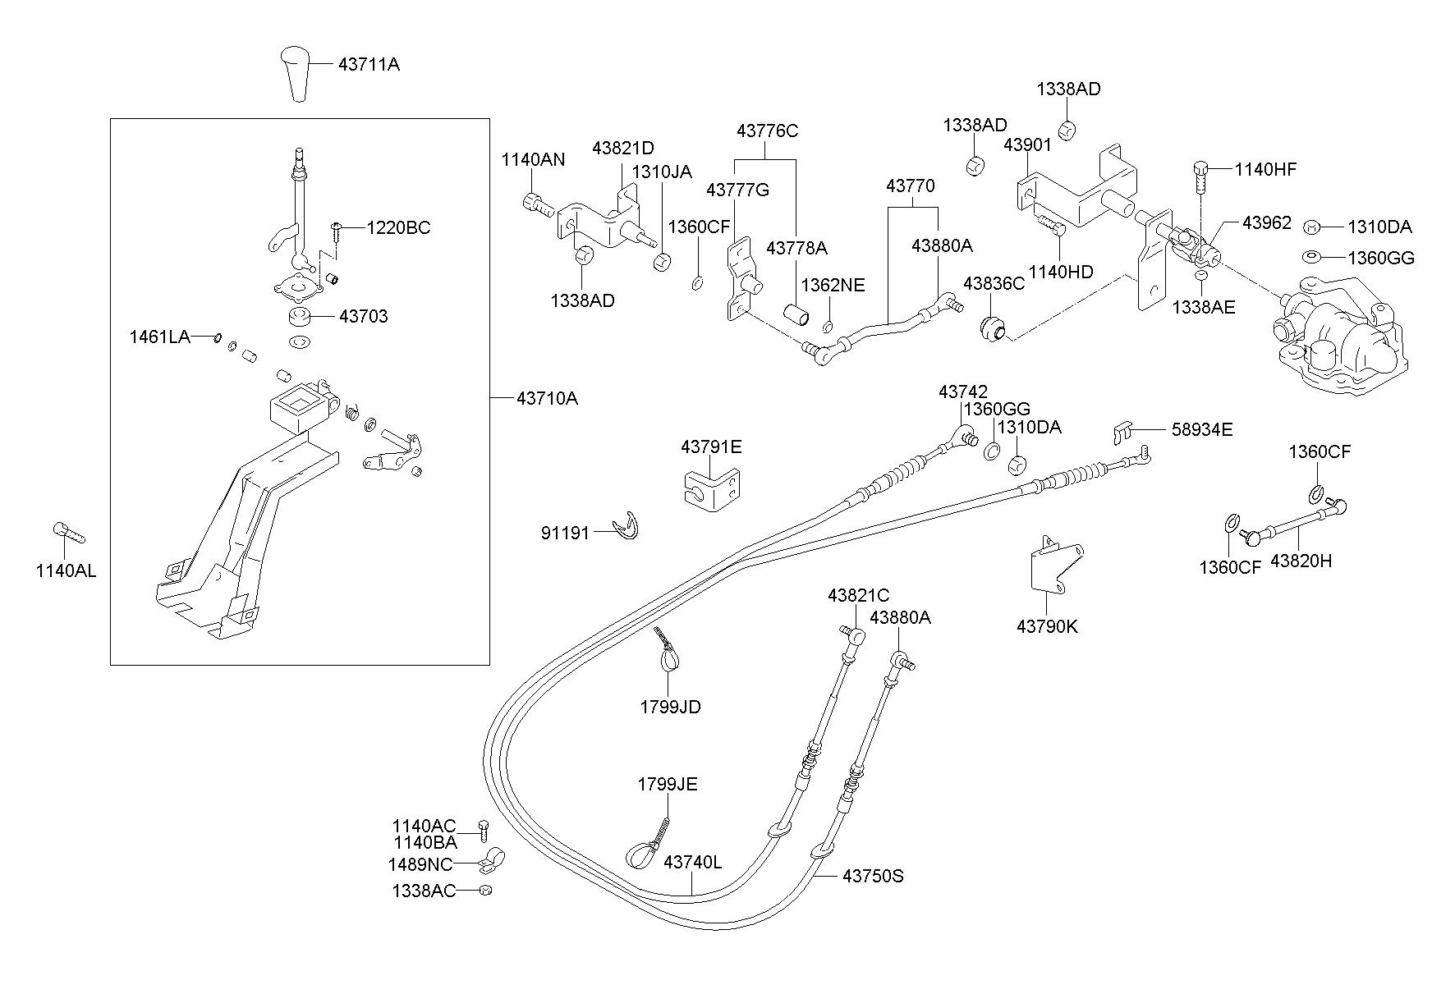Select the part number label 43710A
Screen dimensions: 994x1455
click(x=547, y=399)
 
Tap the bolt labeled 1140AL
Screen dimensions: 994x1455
click(x=68, y=533)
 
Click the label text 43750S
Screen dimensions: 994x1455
click(x=872, y=877)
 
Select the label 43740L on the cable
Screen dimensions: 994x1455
click(x=692, y=863)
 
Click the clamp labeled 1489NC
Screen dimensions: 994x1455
click(x=493, y=862)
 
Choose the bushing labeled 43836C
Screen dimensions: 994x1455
click(x=993, y=326)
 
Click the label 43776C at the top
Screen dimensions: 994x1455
click(x=767, y=131)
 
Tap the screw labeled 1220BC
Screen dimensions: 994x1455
click(x=336, y=228)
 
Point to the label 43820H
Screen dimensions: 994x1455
click(x=1301, y=561)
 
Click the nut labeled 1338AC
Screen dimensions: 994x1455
click(x=485, y=891)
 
